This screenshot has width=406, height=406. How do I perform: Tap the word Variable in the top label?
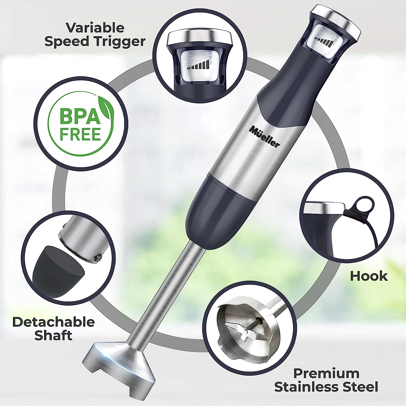pos(95,28)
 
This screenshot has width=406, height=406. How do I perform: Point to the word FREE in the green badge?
pos(80,134)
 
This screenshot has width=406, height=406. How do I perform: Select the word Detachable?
pos(54,322)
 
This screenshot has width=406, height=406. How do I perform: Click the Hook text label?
pos(369,276)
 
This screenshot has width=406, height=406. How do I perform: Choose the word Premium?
pos(326,374)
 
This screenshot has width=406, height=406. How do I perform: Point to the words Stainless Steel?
pos(326,387)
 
